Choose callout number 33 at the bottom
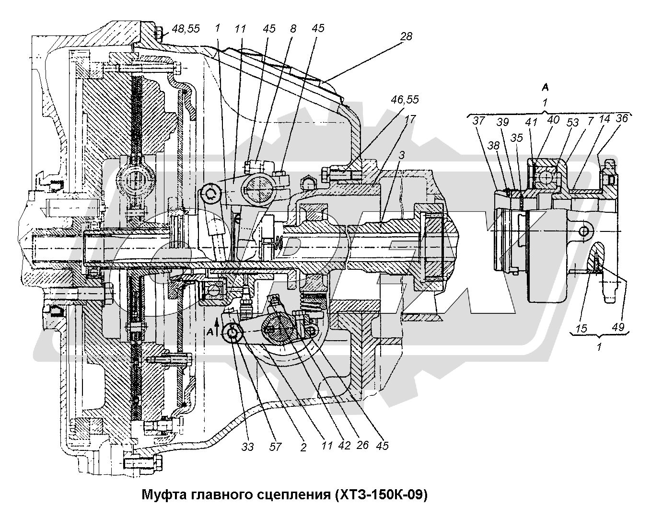pos(247,447)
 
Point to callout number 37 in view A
pos(478,121)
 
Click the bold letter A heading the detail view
pos(545,87)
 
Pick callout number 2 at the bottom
pos(303,447)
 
